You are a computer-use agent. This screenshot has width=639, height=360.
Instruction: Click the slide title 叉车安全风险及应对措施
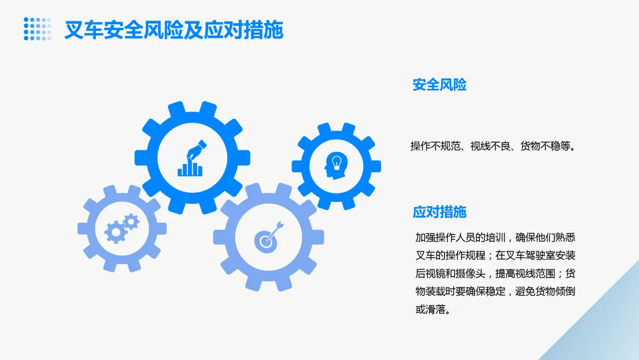pyautogui.click(x=173, y=30)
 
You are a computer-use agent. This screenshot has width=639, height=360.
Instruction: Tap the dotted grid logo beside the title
pyautogui.click(x=37, y=29)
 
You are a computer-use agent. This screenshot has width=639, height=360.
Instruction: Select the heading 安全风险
pyautogui.click(x=439, y=85)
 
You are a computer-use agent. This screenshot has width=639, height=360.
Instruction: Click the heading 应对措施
pyautogui.click(x=439, y=212)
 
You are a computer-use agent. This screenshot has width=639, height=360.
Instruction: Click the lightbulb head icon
pyautogui.click(x=335, y=165)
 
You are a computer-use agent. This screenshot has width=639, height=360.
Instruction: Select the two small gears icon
pyautogui.click(x=122, y=228)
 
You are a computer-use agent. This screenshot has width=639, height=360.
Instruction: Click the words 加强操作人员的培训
pyautogui.click(x=453, y=238)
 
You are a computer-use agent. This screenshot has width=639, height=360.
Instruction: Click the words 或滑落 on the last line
pyautogui.click(x=431, y=309)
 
